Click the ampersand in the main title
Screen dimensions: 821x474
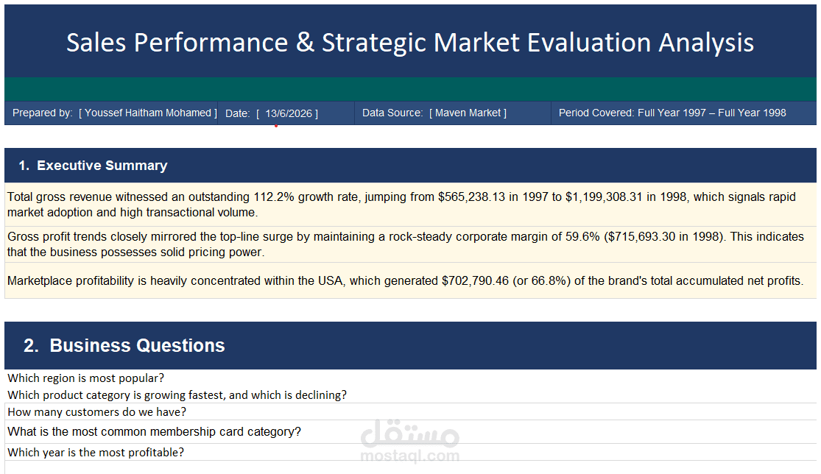[x=305, y=43]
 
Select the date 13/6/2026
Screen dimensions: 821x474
[x=289, y=113]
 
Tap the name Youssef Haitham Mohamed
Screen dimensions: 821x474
[x=148, y=113]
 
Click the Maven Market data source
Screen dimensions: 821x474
[x=468, y=113]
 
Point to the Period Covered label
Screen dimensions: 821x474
[x=596, y=113]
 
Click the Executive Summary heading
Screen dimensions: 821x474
[x=102, y=166]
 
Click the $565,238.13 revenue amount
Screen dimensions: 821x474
[x=472, y=197]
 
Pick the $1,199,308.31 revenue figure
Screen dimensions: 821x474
[x=604, y=197]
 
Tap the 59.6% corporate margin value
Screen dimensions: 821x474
[x=582, y=237]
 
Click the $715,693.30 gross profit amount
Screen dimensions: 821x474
[x=641, y=237]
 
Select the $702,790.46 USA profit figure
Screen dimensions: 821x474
[x=476, y=281]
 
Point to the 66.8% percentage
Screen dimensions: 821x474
[x=549, y=281]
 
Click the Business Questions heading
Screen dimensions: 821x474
[x=137, y=346]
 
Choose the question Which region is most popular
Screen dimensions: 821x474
[x=86, y=378]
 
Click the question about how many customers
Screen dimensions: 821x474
[x=97, y=412]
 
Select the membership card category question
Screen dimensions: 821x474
[x=155, y=432]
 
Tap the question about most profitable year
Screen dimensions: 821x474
[x=96, y=453]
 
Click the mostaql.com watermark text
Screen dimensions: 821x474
[x=410, y=456]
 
